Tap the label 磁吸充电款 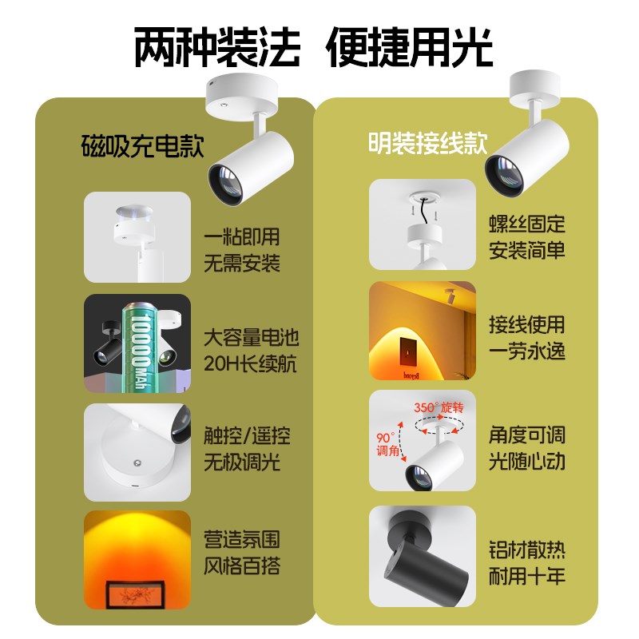pyautogui.click(x=144, y=146)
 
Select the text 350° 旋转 pyautogui.click(x=439, y=407)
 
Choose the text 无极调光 pyautogui.click(x=242, y=461)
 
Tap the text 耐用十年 pyautogui.click(x=527, y=575)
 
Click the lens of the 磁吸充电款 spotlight pyautogui.click(x=223, y=182)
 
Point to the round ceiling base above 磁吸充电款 pyautogui.click(x=239, y=97)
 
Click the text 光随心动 pyautogui.click(x=527, y=461)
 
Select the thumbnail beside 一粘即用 pyautogui.click(x=137, y=237)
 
